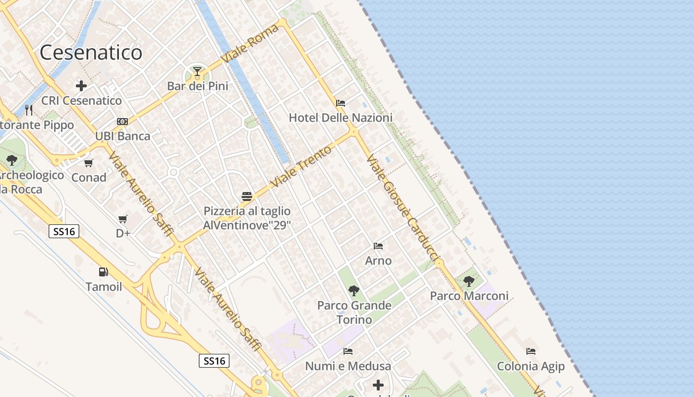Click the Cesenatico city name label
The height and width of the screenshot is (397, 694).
(91, 53)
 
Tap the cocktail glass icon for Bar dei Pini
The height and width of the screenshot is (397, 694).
(197, 72)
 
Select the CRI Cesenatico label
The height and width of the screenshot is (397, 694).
(81, 101)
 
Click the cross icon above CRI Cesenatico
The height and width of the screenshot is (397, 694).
(81, 86)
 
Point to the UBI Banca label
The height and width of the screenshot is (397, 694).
(122, 136)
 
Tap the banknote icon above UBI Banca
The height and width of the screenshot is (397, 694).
(122, 122)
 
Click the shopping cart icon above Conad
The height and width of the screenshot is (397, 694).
(89, 163)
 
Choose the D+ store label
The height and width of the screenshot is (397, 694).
(123, 233)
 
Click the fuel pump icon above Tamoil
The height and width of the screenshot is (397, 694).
(104, 272)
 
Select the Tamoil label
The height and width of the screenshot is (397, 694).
(104, 287)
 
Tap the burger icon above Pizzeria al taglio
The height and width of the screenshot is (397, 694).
(247, 197)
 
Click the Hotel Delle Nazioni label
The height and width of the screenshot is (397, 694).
(341, 118)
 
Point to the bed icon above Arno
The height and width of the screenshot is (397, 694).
(378, 246)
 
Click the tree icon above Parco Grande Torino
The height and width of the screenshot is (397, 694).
(354, 290)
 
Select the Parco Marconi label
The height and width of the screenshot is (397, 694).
(469, 296)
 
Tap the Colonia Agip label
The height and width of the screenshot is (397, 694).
(531, 367)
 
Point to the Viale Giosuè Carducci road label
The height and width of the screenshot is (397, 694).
(403, 207)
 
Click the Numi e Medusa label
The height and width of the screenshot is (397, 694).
(348, 366)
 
